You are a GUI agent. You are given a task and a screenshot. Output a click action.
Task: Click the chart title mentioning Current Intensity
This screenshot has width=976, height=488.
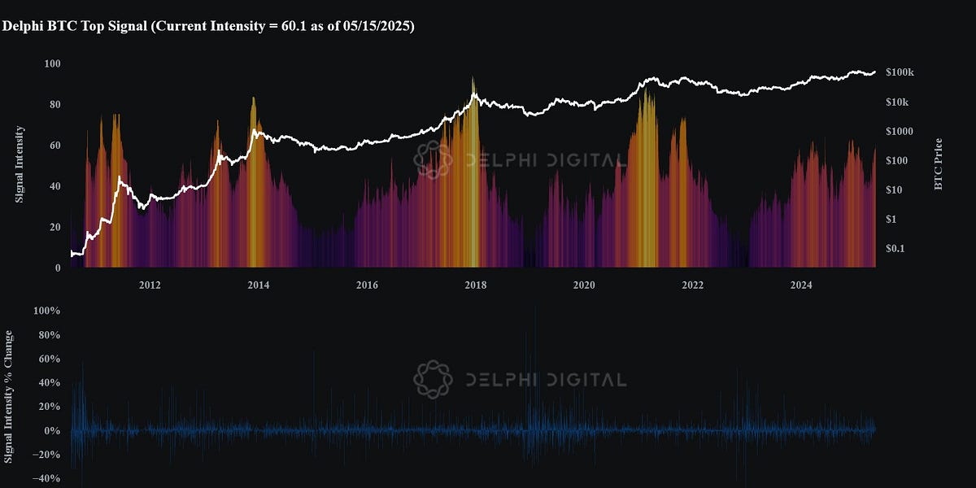(x=208, y=26)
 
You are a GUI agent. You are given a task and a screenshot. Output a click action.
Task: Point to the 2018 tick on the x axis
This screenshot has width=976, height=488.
(x=475, y=285)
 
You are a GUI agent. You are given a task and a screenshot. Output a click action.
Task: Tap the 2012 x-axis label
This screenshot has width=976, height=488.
(x=150, y=285)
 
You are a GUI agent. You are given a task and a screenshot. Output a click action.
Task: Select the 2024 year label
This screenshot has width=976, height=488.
(x=801, y=285)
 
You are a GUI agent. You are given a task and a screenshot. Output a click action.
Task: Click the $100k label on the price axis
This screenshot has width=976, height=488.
(x=900, y=72)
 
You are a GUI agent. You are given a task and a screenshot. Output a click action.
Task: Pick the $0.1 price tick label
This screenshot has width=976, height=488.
(x=895, y=248)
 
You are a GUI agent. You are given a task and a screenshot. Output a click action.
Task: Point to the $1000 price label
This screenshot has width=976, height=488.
(x=900, y=131)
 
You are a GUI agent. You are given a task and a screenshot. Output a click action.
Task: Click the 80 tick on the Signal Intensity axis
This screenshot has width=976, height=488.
(x=55, y=105)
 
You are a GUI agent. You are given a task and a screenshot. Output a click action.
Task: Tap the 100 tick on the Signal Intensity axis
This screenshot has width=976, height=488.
(x=52, y=63)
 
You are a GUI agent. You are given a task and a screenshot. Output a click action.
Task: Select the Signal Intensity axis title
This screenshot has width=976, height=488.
(x=20, y=164)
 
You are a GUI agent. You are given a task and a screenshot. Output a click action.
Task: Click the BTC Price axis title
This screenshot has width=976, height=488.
(x=939, y=163)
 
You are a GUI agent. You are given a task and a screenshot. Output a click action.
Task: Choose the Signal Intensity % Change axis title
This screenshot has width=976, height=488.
(x=8, y=397)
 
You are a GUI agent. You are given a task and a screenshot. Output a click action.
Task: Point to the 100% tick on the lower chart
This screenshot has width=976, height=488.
(x=46, y=311)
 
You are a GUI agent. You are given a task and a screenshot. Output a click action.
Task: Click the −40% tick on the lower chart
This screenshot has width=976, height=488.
(x=46, y=478)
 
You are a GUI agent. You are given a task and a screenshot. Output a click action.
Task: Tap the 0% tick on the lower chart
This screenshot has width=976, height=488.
(x=52, y=430)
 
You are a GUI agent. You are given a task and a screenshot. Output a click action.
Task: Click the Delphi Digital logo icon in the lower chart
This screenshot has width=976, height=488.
(x=433, y=380)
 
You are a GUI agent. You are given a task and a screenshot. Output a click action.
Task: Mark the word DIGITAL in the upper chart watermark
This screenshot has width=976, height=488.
(x=587, y=160)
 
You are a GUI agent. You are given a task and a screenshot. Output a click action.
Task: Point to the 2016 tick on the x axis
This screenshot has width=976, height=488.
(x=367, y=285)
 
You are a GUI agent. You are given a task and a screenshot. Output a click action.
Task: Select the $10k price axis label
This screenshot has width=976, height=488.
(x=897, y=102)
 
